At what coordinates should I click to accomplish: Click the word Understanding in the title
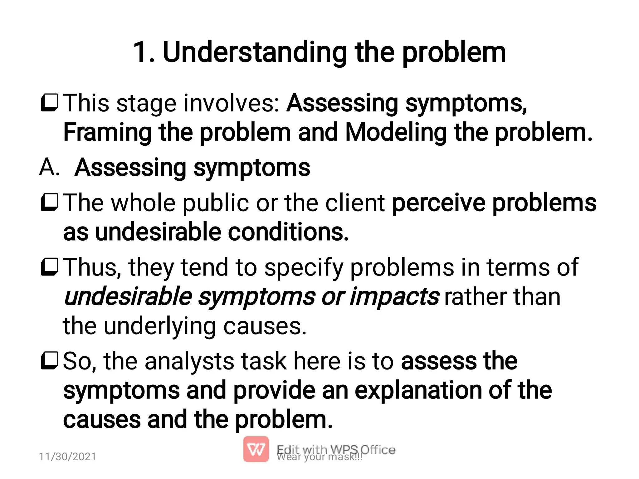tap(255, 52)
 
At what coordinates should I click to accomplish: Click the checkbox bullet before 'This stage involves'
tap(49, 102)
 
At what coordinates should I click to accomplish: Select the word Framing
tap(107, 132)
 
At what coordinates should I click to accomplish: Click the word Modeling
tap(396, 132)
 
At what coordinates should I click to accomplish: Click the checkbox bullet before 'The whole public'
tap(49, 202)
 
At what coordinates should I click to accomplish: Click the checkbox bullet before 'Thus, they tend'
tap(49, 267)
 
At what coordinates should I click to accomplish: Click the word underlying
tap(159, 326)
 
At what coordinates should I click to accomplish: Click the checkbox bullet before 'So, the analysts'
tap(49, 360)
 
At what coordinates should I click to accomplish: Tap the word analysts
tap(189, 361)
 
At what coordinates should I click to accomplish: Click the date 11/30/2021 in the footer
tap(67, 457)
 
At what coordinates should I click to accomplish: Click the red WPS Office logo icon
tap(256, 449)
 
